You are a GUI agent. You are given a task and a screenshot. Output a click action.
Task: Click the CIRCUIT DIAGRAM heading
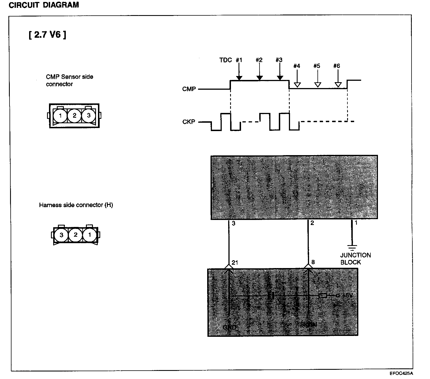pyautogui.click(x=44, y=5)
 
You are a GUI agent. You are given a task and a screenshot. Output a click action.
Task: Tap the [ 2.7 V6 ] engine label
pyautogui.click(x=47, y=35)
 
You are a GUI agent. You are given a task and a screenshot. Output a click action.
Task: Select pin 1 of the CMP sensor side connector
pyautogui.click(x=60, y=115)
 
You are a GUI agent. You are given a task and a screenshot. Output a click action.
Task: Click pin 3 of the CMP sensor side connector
pyautogui.click(x=88, y=115)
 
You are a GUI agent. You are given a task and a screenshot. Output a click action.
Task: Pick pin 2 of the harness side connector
pyautogui.click(x=75, y=235)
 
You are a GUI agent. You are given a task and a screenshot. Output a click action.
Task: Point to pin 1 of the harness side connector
pyautogui.click(x=90, y=235)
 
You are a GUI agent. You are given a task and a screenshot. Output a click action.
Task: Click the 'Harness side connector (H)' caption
pyautogui.click(x=76, y=205)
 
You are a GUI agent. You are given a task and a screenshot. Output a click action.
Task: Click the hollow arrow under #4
pyautogui.click(x=297, y=84)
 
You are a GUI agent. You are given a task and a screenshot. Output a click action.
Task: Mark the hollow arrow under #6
pyautogui.click(x=338, y=84)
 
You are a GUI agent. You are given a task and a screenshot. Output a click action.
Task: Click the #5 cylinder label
pyautogui.click(x=317, y=66)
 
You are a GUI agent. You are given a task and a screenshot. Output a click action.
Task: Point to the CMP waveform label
pyautogui.click(x=189, y=89)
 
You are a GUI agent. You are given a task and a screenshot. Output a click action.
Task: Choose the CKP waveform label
pyautogui.click(x=189, y=122)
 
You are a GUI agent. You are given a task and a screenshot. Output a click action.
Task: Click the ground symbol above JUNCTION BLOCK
pyautogui.click(x=352, y=247)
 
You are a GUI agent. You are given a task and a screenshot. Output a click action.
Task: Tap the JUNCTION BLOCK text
pyautogui.click(x=355, y=259)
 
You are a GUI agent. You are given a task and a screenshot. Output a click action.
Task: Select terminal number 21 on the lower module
pyautogui.click(x=235, y=262)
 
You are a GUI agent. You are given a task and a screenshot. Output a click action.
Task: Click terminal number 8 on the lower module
pyautogui.click(x=313, y=262)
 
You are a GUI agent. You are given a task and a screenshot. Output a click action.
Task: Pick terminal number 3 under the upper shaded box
pyautogui.click(x=233, y=224)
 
